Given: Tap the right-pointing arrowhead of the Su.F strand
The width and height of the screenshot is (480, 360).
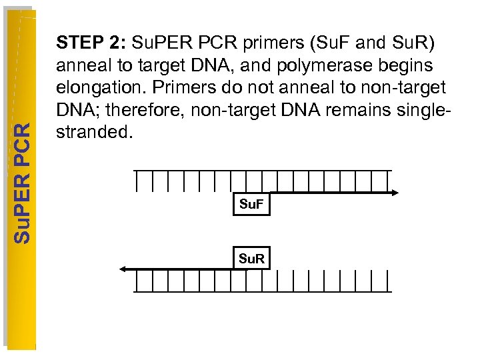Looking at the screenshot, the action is pyautogui.click(x=395, y=193).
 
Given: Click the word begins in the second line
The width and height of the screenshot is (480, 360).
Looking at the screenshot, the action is pyautogui.click(x=405, y=65).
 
